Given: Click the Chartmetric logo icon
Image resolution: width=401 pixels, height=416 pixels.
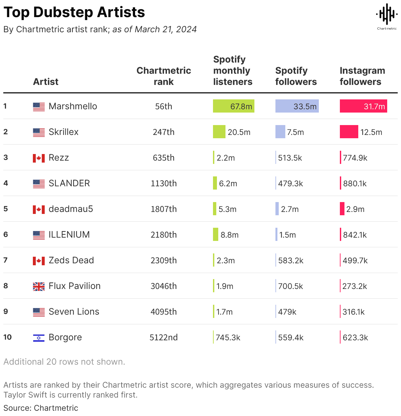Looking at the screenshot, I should tap(387, 14).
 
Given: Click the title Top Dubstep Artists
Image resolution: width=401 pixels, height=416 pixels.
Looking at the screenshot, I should tap(74, 12).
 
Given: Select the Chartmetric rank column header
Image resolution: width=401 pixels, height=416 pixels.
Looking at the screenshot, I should tap(163, 76).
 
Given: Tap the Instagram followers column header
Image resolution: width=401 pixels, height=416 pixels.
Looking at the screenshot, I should tap(362, 76).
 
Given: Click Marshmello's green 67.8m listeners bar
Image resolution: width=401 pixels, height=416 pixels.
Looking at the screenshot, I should tap(233, 106).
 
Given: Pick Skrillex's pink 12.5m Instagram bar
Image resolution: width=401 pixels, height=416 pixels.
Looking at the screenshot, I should tap(349, 132).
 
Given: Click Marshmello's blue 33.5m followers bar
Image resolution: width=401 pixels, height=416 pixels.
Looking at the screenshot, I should tap(297, 106).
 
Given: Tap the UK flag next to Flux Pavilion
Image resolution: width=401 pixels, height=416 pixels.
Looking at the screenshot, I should tap(39, 286).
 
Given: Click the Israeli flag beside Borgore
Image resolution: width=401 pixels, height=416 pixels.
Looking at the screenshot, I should tap(39, 338).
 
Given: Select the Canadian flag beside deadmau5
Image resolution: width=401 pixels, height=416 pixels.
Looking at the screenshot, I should tap(39, 209).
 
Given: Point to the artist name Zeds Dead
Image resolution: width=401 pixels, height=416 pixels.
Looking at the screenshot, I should tap(71, 260).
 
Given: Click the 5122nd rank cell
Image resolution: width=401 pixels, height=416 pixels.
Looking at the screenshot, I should tap(163, 337).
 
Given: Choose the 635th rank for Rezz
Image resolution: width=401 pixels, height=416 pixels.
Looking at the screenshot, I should tap(163, 158).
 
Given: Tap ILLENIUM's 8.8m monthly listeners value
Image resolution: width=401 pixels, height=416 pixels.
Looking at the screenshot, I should tap(229, 235).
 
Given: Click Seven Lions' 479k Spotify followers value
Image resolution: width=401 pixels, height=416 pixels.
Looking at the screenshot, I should tap(287, 312).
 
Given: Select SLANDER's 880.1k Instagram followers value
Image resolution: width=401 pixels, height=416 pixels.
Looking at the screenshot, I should tap(355, 183).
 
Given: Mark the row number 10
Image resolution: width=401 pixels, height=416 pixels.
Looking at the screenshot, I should tap(7, 337).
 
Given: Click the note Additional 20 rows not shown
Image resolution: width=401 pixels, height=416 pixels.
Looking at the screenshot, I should tap(64, 362).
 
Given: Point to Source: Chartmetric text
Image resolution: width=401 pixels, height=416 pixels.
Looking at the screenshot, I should tap(41, 408).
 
